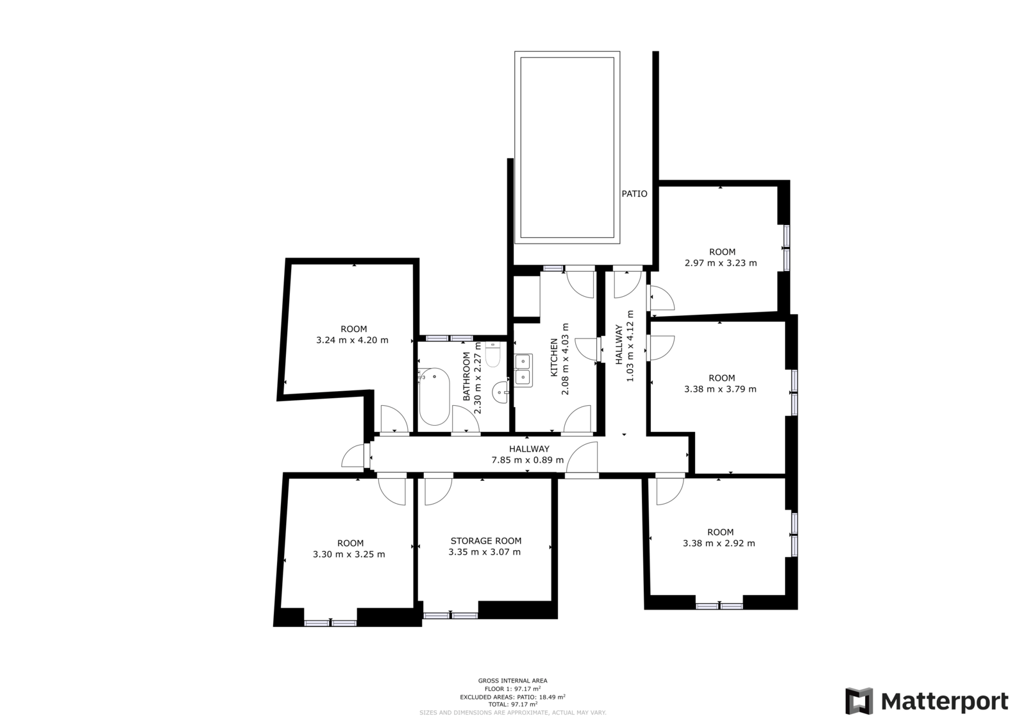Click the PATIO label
(634, 194)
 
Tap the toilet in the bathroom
(493, 354)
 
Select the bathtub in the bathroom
(434, 396)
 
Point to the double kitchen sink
(523, 370)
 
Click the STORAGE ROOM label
(486, 541)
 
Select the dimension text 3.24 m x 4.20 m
(352, 340)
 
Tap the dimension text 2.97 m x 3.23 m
(721, 263)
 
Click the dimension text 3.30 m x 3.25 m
(349, 554)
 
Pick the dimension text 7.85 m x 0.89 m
(528, 460)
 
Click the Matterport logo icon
(859, 701)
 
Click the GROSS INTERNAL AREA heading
(512, 681)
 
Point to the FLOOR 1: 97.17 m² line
(512, 689)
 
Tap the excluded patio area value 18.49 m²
(552, 697)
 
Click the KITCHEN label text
(554, 358)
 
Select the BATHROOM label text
(466, 376)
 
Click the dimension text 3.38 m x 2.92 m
(719, 544)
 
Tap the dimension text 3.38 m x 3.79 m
(721, 389)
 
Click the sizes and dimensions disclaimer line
(512, 713)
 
